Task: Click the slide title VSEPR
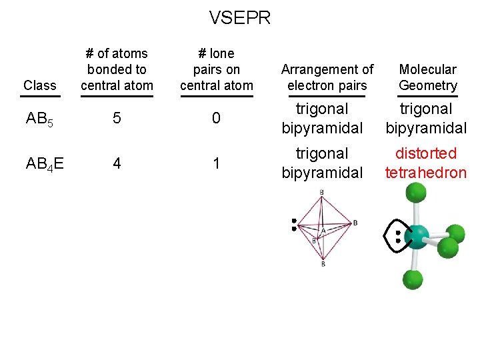pos(240,18)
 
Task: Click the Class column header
pos(40,85)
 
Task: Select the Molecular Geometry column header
pos(427,77)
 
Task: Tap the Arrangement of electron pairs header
pos(327,77)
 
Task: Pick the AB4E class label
pos(45,163)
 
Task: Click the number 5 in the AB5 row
pos(117,119)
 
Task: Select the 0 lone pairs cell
pos(216,119)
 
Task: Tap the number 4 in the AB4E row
pos(117,163)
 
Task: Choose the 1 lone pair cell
pos(216,163)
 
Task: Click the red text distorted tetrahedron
pos(426,163)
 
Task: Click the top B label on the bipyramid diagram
pos(322,193)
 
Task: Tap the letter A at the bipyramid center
pos(323,231)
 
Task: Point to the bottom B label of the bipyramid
pos(323,265)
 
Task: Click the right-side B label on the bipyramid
pos(355,222)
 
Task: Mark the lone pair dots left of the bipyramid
pos(293,225)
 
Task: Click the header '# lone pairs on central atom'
pos(216,69)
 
